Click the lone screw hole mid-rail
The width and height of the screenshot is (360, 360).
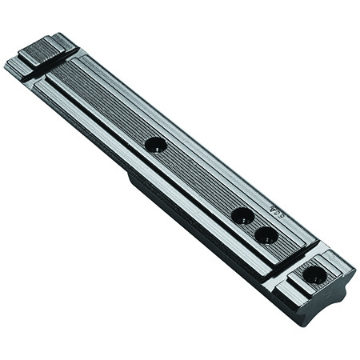(154, 145)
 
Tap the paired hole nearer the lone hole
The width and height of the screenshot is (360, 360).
(242, 214)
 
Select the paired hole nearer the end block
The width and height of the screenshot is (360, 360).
(266, 235)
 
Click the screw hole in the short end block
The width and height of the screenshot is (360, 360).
(314, 275)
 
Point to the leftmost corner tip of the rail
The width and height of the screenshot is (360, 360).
(6, 64)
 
